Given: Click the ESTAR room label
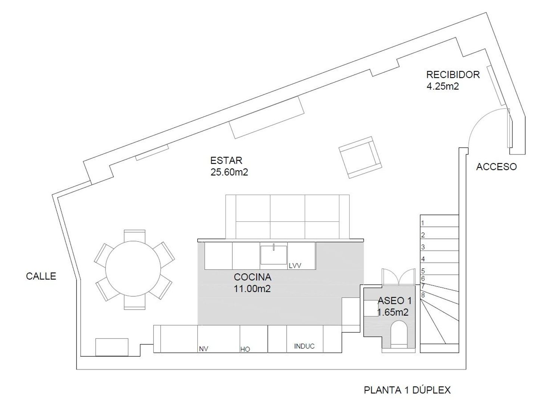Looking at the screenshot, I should [226, 160].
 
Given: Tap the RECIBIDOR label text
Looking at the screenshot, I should [453, 75].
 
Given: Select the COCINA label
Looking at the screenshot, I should [252, 277].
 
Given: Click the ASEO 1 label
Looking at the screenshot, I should [394, 301].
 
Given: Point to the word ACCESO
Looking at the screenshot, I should [496, 167].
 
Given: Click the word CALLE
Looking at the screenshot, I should [41, 276].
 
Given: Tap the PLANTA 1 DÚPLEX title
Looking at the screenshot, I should [407, 390].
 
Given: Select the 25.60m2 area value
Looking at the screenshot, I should [229, 172].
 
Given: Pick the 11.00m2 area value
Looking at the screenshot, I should [252, 288].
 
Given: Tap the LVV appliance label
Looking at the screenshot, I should [295, 266].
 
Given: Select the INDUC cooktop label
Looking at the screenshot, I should [304, 346].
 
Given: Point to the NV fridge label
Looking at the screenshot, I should [203, 349].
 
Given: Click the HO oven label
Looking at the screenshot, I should [245, 349].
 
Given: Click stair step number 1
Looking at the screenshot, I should [423, 223].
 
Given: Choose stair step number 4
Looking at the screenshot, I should [423, 259].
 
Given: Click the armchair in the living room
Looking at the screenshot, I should [360, 157].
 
